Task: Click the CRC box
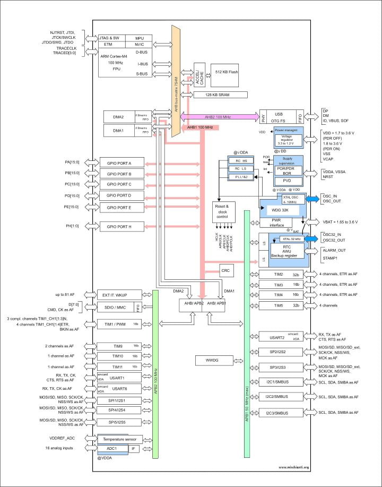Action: coord(225,270)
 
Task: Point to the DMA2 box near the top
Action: coord(118,117)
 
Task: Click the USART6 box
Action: coord(119,388)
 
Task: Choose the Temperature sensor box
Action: coord(119,440)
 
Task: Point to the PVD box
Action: coord(287,181)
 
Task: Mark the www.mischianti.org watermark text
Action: coord(294,467)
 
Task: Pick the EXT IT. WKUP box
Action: coord(119,294)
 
